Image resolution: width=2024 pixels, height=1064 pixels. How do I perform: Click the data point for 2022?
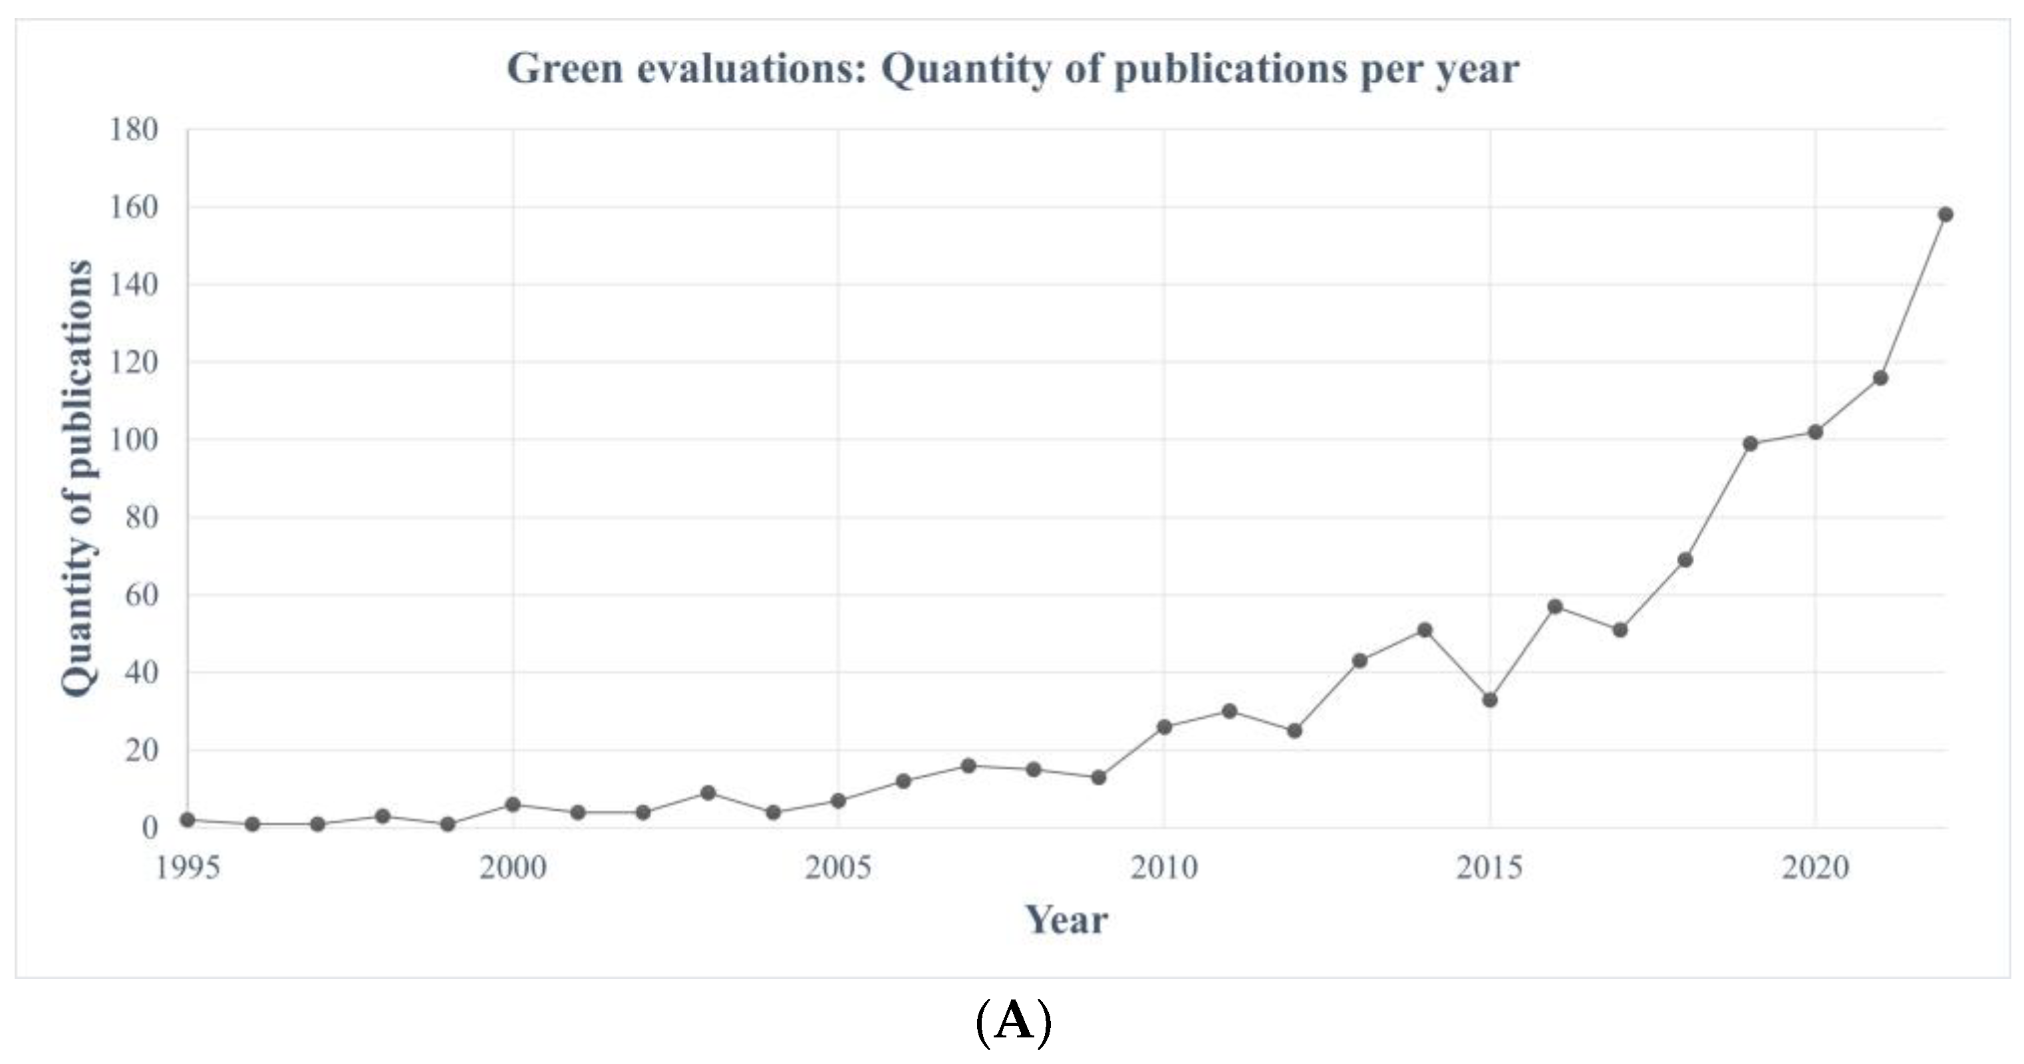pos(1946,215)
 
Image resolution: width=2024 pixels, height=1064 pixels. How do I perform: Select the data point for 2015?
pos(1490,700)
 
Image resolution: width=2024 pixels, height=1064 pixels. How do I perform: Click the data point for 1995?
pos(188,819)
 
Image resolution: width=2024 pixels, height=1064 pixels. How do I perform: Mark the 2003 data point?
pos(708,793)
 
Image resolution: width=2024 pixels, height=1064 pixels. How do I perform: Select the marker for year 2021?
pos(1880,378)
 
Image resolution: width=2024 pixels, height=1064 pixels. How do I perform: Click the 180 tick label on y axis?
pos(133,130)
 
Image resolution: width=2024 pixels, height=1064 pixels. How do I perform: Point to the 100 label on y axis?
pos(133,441)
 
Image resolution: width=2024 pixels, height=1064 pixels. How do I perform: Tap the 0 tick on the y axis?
pos(149,827)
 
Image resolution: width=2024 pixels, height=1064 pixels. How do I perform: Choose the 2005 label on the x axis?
pos(837,868)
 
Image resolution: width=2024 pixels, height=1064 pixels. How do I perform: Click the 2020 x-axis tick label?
pos(1815,868)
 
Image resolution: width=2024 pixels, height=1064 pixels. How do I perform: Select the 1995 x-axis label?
pos(188,868)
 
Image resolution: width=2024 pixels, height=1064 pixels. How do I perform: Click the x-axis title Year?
pos(1066,920)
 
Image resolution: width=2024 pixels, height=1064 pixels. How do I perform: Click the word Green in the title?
pos(564,68)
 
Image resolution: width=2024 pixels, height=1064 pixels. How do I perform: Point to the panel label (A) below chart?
pos(1012,1022)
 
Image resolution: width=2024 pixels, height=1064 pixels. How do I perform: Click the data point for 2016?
pos(1554,606)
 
